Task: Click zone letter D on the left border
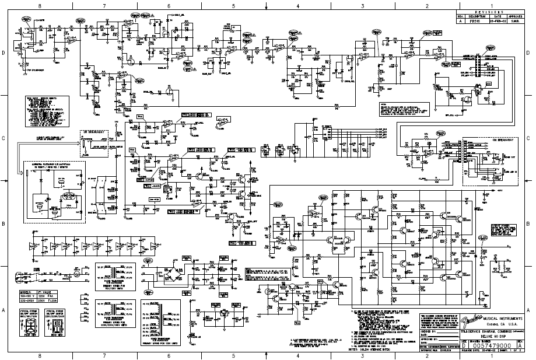(x=5, y=53)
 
